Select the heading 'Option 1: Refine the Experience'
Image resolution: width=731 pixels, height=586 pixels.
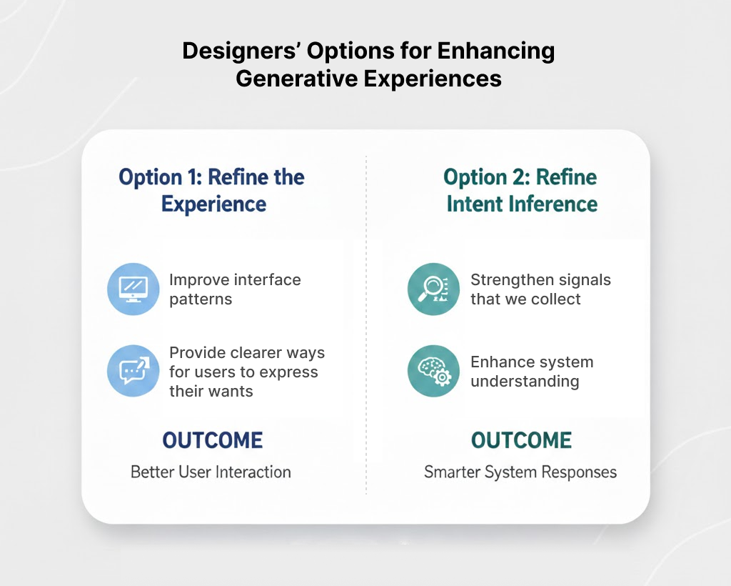[x=212, y=191]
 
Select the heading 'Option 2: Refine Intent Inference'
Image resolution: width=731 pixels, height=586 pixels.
[x=521, y=191]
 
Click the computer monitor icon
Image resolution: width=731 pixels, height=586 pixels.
[x=133, y=289]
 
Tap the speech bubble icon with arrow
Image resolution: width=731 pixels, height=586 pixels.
[x=133, y=371]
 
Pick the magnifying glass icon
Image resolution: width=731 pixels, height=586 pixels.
[x=433, y=289]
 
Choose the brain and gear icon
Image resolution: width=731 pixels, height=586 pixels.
[x=433, y=371]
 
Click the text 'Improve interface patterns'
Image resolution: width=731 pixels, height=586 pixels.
[x=235, y=289]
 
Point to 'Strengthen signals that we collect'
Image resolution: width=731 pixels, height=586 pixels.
[x=540, y=289]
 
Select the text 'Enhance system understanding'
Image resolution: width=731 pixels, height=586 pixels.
[x=532, y=372]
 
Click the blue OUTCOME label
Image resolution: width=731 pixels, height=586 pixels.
[x=213, y=440]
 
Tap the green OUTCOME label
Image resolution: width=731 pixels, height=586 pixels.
[x=521, y=440]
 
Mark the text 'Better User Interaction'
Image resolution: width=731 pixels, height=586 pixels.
[x=211, y=472]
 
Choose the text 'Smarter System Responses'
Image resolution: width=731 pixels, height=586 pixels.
[x=520, y=472]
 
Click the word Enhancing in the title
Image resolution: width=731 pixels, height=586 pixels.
[x=495, y=51]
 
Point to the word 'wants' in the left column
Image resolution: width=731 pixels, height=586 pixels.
[x=231, y=392]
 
